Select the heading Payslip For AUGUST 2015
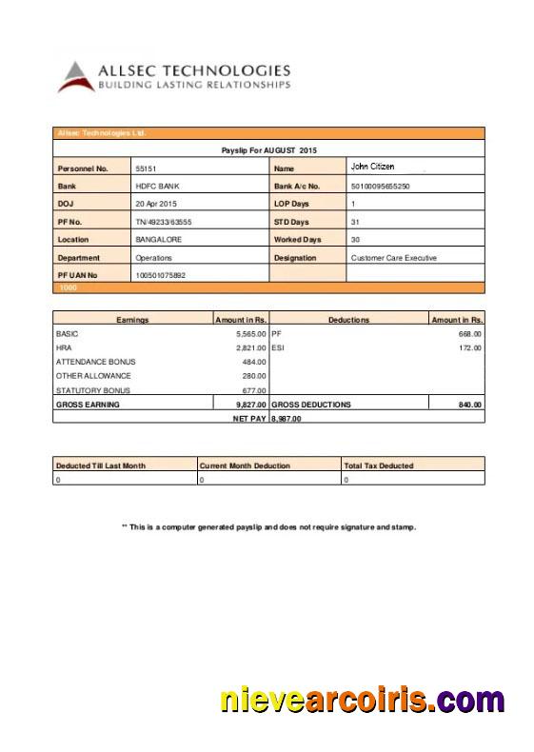coord(269,150)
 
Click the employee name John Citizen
coord(372,167)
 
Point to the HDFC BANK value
coord(157,187)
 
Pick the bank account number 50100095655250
coord(381,187)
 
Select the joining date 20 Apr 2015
coord(156,204)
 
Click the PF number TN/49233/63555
coord(164,222)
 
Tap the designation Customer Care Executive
coord(394,257)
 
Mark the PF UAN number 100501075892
coord(160,275)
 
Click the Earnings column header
coord(132,320)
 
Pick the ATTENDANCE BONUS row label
coord(96,362)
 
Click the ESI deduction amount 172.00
coord(470,348)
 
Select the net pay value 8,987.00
coord(287,418)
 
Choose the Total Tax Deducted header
coord(379,465)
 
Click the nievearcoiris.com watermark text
coord(363,702)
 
